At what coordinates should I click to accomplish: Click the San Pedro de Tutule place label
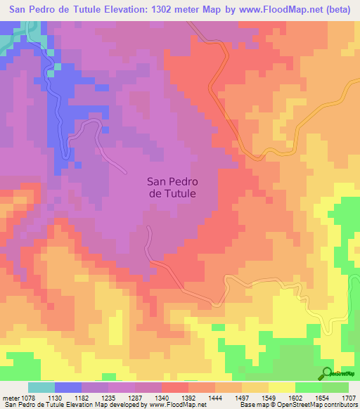pyautogui.click(x=172, y=186)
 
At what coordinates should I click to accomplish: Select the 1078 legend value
pyautogui.click(x=28, y=397)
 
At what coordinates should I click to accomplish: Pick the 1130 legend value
pyautogui.click(x=55, y=397)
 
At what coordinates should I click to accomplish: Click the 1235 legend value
pyautogui.click(x=108, y=397)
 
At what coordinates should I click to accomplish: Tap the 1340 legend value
pyautogui.click(x=162, y=397)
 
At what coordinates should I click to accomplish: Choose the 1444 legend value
pyautogui.click(x=215, y=397)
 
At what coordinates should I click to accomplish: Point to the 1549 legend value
pyautogui.click(x=269, y=397)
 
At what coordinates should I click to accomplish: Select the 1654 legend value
pyautogui.click(x=322, y=397)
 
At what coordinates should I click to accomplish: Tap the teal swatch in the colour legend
pyautogui.click(x=41, y=387)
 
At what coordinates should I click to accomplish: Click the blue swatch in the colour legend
pyautogui.click(x=68, y=387)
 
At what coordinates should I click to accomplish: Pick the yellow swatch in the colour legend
pyautogui.click(x=282, y=387)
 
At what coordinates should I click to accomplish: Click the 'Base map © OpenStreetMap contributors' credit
pyautogui.click(x=298, y=405)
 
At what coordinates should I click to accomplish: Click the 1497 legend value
pyautogui.click(x=242, y=397)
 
